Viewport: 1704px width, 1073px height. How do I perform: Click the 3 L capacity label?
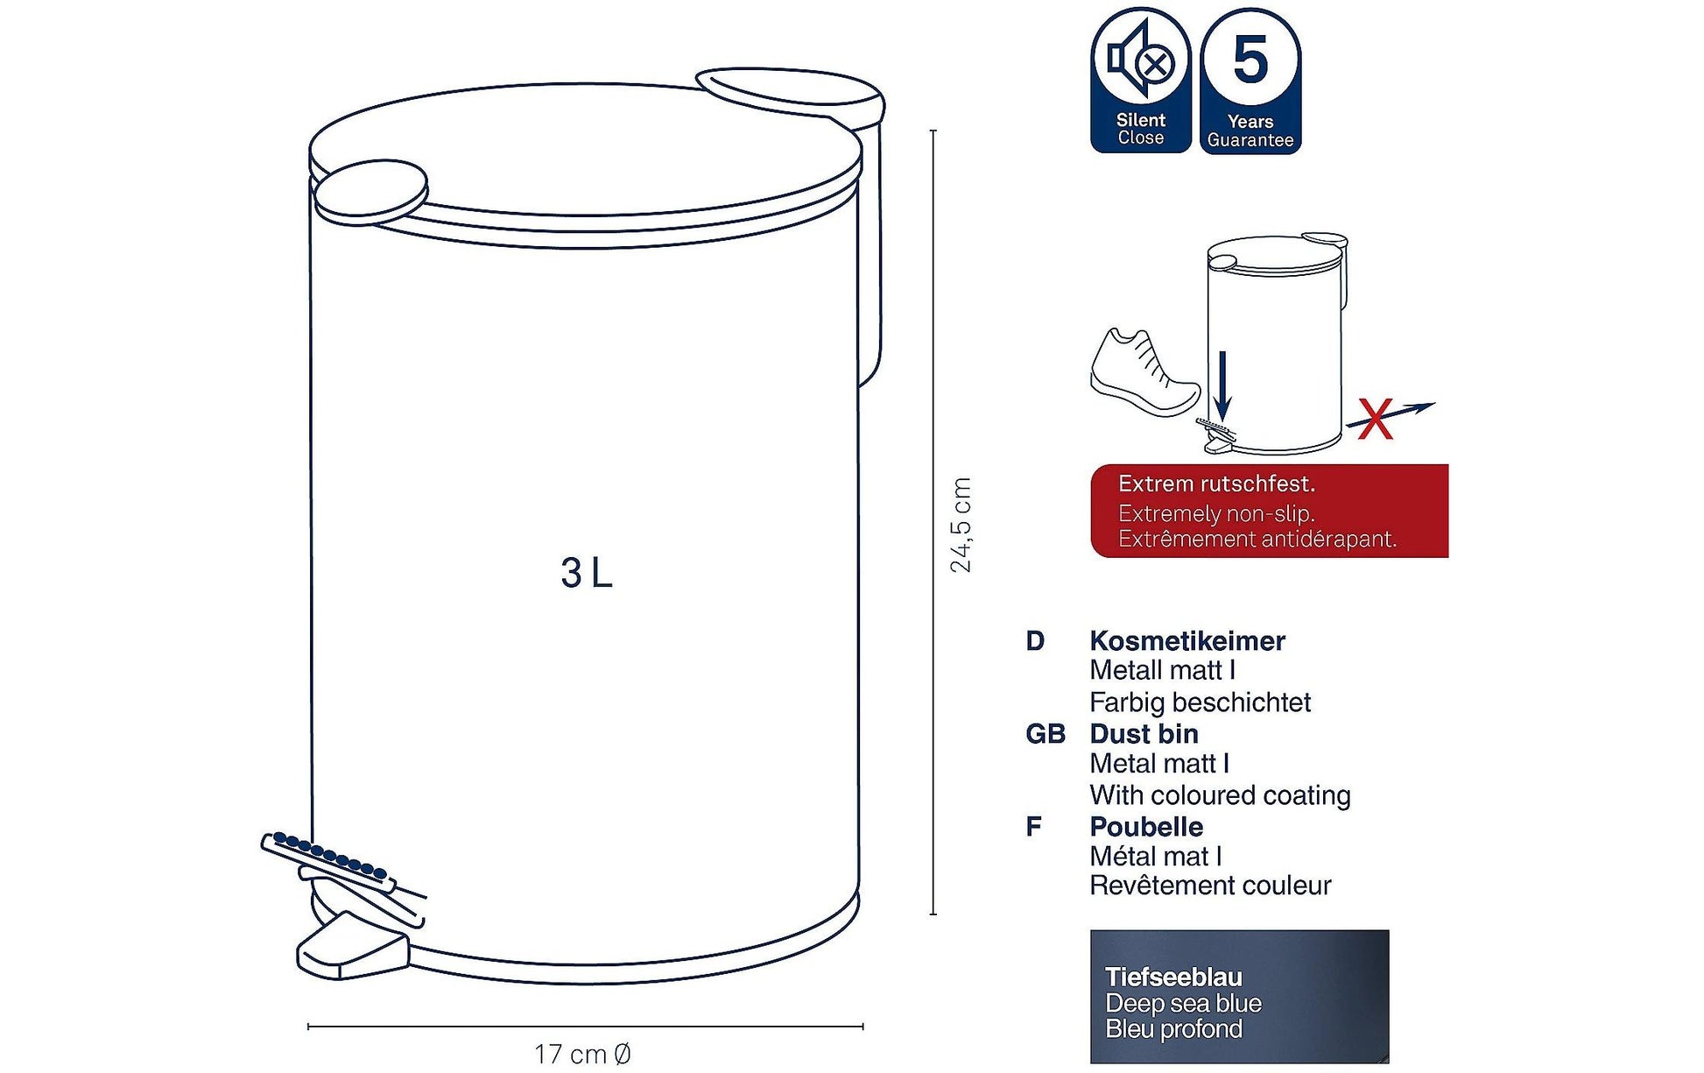(x=587, y=573)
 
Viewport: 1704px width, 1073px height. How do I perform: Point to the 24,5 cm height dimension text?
(x=961, y=525)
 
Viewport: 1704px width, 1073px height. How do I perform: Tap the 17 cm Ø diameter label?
(x=582, y=1054)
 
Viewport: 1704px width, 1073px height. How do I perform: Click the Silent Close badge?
(x=1141, y=81)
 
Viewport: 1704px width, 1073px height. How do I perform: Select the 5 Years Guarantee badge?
(x=1250, y=81)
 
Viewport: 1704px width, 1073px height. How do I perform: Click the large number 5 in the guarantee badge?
(x=1250, y=60)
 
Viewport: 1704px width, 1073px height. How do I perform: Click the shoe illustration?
(x=1144, y=372)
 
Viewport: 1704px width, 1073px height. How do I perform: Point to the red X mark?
(x=1376, y=419)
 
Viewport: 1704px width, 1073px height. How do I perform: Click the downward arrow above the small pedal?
(x=1222, y=385)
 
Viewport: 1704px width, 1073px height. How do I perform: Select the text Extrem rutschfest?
(x=1216, y=484)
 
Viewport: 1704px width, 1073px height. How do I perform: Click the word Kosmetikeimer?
(x=1187, y=640)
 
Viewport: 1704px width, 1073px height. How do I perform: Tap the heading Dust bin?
(x=1144, y=733)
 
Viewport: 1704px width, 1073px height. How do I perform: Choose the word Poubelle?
(x=1146, y=826)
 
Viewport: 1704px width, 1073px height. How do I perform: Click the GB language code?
(x=1045, y=734)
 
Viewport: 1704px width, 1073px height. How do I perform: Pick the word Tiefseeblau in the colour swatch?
(x=1173, y=977)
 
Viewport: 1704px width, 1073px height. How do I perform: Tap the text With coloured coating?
(x=1220, y=795)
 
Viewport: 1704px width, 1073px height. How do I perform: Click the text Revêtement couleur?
(x=1210, y=886)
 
